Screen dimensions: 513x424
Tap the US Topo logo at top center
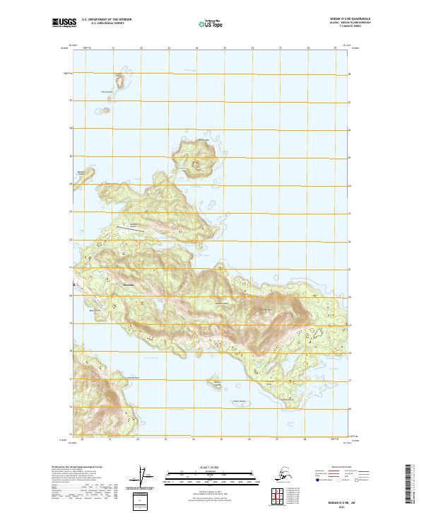(x=212, y=24)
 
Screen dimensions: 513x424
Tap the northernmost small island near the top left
(x=119, y=81)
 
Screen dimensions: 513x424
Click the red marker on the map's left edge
(x=73, y=285)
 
